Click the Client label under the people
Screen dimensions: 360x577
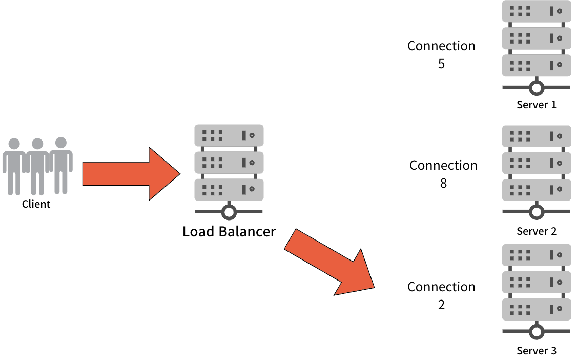click(x=36, y=204)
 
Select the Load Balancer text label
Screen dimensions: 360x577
click(x=229, y=231)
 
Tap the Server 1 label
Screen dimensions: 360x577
click(x=536, y=105)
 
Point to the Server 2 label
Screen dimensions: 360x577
click(x=536, y=231)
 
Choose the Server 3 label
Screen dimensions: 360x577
click(x=536, y=351)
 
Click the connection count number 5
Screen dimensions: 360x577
click(x=441, y=65)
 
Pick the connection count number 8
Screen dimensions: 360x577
click(x=443, y=183)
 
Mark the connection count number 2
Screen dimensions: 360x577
click(x=441, y=305)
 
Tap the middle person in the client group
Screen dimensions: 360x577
click(x=37, y=165)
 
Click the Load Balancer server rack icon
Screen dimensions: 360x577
click(x=229, y=163)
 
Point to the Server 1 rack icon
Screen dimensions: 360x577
click(x=536, y=38)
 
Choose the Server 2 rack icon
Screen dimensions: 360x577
click(x=536, y=163)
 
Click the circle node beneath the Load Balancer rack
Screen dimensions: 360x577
click(x=229, y=211)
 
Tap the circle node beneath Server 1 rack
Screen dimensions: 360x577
click(x=536, y=88)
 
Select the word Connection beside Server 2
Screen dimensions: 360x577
click(x=443, y=165)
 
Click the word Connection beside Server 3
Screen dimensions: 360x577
click(x=441, y=287)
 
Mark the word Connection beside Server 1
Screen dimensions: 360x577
click(x=441, y=46)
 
